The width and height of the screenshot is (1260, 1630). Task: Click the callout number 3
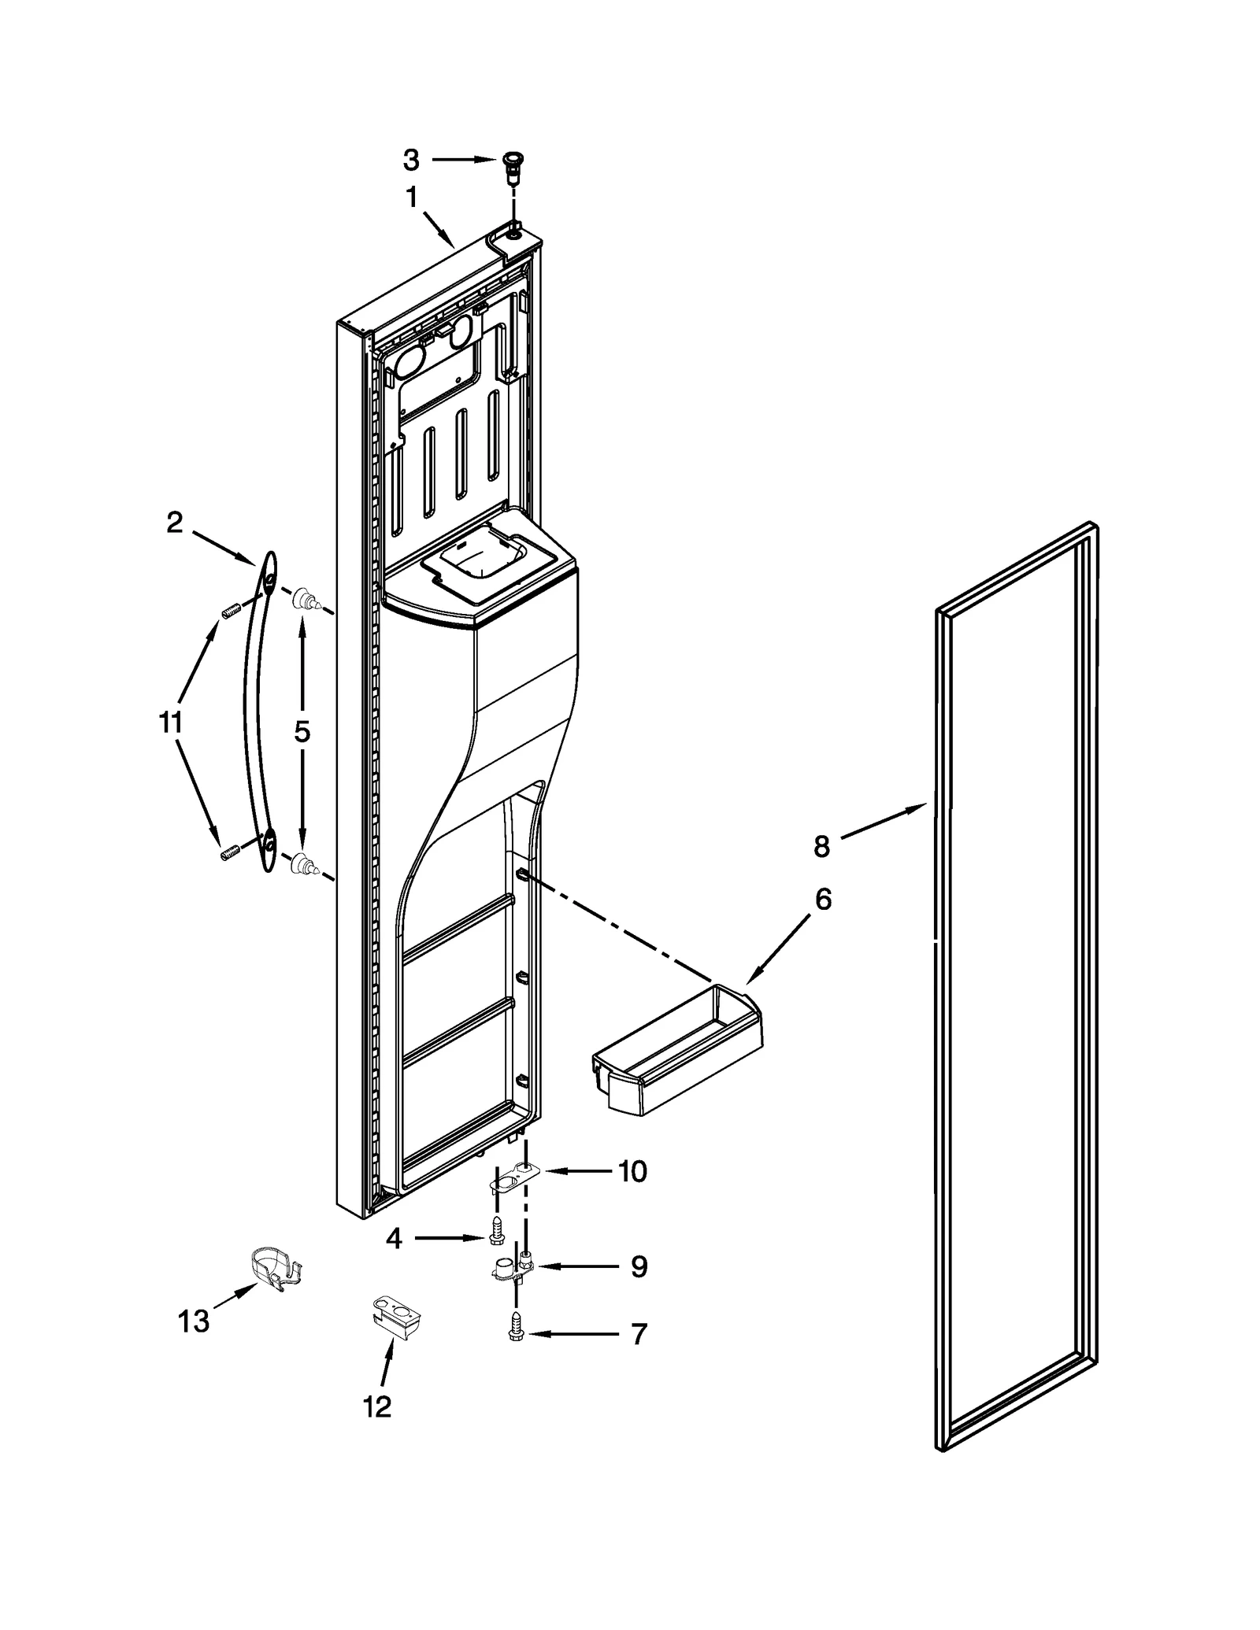coord(411,160)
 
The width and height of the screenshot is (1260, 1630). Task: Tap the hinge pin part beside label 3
coord(513,167)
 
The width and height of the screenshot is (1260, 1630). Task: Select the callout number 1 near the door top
coord(412,198)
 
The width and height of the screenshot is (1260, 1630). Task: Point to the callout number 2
coord(175,523)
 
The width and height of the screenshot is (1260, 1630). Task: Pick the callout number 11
coord(170,722)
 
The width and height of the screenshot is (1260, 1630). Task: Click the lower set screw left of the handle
coord(229,853)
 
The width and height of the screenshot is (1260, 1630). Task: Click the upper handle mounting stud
coord(305,602)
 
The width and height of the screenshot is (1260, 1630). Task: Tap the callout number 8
coord(821,847)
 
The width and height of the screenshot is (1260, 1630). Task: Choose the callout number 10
coord(632,1193)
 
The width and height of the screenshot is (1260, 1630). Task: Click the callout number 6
coord(823,899)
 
